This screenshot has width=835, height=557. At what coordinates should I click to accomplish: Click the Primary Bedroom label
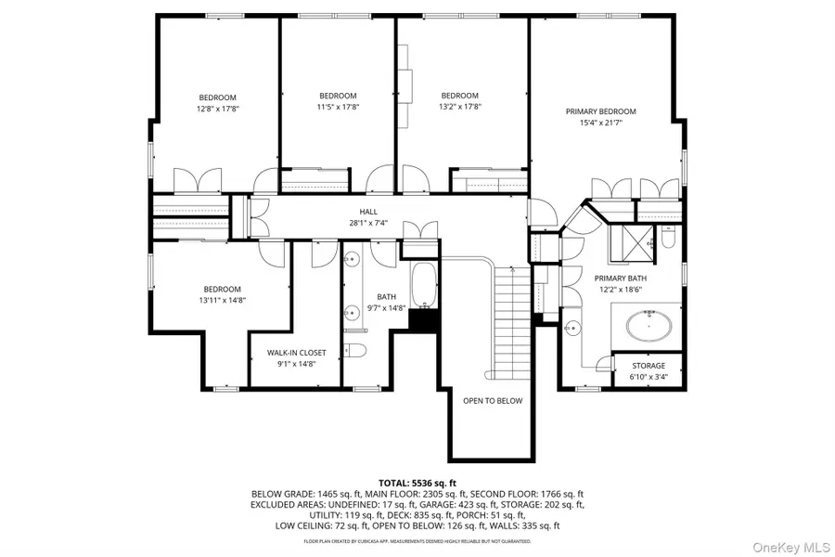(600, 111)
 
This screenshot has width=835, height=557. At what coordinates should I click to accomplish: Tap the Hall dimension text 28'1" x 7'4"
(368, 223)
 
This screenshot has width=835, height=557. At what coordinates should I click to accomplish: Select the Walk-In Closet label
(297, 353)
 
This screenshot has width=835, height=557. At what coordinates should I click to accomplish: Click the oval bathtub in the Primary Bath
(649, 326)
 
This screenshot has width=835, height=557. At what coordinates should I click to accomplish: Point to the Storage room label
(649, 366)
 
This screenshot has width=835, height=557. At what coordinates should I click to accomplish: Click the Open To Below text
(493, 401)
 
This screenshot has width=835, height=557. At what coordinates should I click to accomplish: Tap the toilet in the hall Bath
(355, 350)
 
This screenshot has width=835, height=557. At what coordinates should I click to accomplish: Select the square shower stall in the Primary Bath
(632, 243)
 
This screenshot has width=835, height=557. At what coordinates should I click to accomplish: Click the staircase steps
(512, 322)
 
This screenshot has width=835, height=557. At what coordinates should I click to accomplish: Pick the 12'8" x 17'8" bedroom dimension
(218, 109)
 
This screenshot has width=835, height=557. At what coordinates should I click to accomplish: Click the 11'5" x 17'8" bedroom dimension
(338, 107)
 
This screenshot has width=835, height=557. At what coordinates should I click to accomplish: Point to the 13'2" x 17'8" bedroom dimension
(460, 107)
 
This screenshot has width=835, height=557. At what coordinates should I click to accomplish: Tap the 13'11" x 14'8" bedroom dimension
(222, 300)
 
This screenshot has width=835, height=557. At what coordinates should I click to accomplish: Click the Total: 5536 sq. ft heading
(417, 484)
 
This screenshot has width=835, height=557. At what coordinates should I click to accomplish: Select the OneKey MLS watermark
(791, 548)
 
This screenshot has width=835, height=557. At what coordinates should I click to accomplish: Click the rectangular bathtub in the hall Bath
(424, 286)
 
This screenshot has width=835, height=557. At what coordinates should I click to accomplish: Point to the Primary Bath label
(621, 278)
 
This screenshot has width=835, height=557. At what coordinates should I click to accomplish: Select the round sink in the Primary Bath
(572, 328)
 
